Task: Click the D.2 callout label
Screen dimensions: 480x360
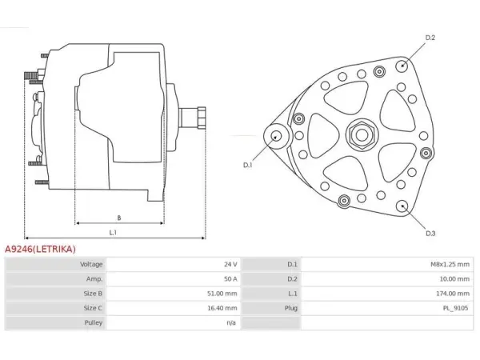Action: click(x=430, y=38)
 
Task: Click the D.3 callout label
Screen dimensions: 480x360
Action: click(x=430, y=234)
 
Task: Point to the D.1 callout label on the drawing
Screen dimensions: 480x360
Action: click(x=248, y=165)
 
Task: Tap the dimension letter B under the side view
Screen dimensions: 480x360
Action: click(x=119, y=218)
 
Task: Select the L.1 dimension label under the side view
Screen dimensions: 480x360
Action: click(x=113, y=233)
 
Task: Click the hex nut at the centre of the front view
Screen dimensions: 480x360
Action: click(x=362, y=134)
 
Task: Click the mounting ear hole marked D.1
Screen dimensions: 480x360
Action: click(x=277, y=137)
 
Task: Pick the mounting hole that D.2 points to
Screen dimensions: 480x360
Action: click(x=402, y=66)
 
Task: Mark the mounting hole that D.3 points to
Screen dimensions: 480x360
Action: click(x=402, y=206)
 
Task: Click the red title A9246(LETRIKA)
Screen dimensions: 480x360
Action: click(x=40, y=249)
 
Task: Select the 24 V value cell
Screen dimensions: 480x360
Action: click(x=230, y=264)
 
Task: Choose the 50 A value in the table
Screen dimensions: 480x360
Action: click(x=230, y=279)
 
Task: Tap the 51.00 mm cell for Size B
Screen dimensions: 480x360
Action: click(x=222, y=294)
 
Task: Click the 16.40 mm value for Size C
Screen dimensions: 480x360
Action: click(x=222, y=308)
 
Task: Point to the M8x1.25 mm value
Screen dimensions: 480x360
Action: click(x=450, y=264)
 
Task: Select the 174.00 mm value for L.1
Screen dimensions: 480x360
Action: click(x=453, y=294)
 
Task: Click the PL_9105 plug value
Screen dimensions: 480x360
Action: click(x=455, y=308)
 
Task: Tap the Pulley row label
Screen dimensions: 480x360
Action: click(x=94, y=322)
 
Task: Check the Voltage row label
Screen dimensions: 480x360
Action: click(x=91, y=264)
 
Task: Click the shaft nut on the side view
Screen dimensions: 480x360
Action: click(x=202, y=118)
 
